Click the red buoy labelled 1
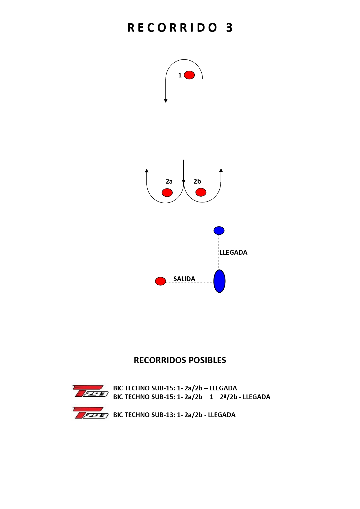189,75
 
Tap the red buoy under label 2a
167,192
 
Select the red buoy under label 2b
201,192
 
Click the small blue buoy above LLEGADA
219,231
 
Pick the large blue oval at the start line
219,281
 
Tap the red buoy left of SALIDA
160,281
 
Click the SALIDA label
184,279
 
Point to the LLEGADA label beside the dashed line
234,252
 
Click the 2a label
169,182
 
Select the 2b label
197,182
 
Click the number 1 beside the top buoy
180,75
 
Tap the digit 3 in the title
229,28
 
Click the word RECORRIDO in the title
172,28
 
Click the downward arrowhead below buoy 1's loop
166,101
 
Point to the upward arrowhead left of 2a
147,171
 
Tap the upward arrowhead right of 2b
221,170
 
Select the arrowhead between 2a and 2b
184,182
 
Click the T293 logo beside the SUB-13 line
90,413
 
